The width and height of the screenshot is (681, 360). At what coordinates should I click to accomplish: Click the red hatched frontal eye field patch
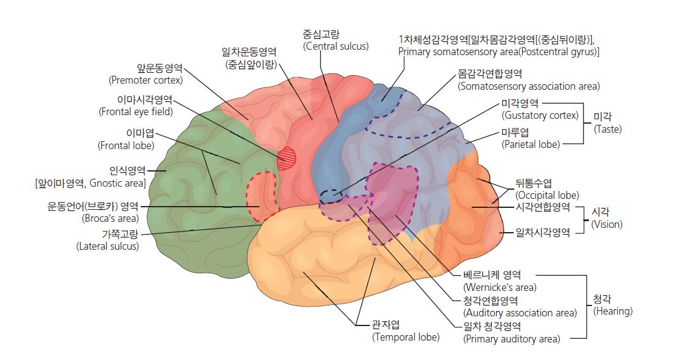pyautogui.click(x=287, y=158)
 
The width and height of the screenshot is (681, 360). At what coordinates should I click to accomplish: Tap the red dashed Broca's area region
pyautogui.click(x=262, y=196)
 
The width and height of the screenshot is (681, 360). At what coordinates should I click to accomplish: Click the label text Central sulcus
pyautogui.click(x=336, y=46)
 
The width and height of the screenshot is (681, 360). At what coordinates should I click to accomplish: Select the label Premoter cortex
pyautogui.click(x=146, y=80)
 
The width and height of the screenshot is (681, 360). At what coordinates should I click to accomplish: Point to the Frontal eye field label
pyautogui.click(x=136, y=112)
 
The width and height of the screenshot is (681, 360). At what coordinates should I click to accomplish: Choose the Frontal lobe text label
pyautogui.click(x=126, y=145)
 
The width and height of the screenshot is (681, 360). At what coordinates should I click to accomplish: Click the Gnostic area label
pyautogui.click(x=90, y=183)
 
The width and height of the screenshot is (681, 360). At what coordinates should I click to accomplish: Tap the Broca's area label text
pyautogui.click(x=110, y=218)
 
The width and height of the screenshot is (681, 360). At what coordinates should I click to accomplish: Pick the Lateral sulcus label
pyautogui.click(x=108, y=246)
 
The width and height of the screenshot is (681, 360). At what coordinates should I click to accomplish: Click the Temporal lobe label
pyautogui.click(x=406, y=337)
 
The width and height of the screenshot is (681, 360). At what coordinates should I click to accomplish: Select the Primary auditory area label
pyautogui.click(x=512, y=339)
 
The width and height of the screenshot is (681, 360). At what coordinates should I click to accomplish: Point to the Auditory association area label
pyautogui.click(x=520, y=313)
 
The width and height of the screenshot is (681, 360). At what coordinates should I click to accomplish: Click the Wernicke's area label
pyautogui.click(x=500, y=287)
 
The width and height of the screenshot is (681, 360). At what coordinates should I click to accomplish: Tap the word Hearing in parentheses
pyautogui.click(x=613, y=311)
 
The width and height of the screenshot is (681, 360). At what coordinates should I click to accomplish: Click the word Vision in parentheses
pyautogui.click(x=607, y=224)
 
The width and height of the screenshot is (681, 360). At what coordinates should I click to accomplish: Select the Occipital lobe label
pyautogui.click(x=547, y=195)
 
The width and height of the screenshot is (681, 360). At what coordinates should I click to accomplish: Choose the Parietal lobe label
pyautogui.click(x=531, y=144)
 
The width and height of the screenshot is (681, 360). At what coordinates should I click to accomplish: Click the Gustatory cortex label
pyautogui.click(x=540, y=115)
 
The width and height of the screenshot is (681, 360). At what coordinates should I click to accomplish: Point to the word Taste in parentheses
pyautogui.click(x=608, y=129)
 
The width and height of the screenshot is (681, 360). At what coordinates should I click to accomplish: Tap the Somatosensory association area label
pyautogui.click(x=529, y=86)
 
